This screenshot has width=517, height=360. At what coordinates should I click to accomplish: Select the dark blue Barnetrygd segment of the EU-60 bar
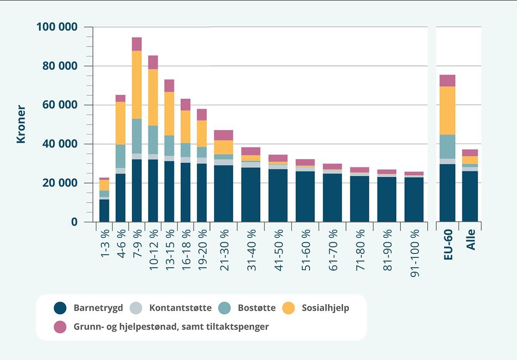coord(447,193)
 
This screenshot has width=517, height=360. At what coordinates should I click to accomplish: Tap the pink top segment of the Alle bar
coord(470,153)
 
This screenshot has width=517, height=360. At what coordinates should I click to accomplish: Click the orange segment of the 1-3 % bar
coord(104,185)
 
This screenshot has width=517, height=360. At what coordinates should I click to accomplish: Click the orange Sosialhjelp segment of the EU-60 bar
coord(447,110)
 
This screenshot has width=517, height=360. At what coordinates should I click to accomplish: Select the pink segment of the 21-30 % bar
coord(224,135)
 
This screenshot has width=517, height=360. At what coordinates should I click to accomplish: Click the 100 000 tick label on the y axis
coord(57,27)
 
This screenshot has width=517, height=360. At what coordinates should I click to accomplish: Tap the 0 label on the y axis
coord(74,222)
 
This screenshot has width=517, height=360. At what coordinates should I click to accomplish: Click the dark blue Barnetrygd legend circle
coord(60,308)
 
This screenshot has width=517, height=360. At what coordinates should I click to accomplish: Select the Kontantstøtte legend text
coord(181,308)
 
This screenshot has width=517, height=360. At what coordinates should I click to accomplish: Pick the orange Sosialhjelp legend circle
coord(288,308)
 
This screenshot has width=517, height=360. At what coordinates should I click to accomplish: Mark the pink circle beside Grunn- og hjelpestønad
coord(60,327)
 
